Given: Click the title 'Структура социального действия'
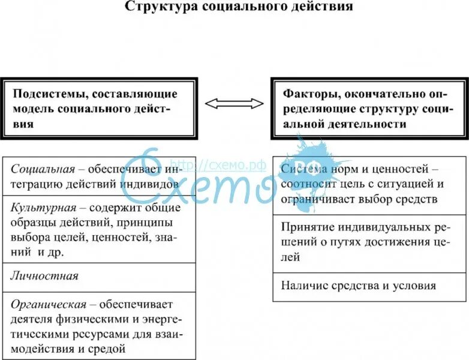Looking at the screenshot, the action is [238, 7].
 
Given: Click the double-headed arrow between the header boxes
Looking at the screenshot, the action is [234, 104].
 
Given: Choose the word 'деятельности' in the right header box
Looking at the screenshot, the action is [372, 124].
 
